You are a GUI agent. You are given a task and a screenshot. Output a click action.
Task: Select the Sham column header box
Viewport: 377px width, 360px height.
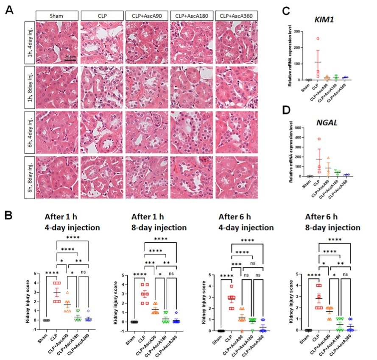tap(57, 16)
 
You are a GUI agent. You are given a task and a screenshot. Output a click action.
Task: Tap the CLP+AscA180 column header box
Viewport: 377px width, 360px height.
tap(191, 16)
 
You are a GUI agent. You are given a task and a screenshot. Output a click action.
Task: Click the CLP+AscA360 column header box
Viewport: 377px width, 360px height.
tap(236, 16)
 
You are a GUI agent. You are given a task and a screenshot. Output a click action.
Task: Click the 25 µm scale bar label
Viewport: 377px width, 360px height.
tap(70, 56)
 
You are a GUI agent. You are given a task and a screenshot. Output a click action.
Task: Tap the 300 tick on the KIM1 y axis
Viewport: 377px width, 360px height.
tap(304, 31)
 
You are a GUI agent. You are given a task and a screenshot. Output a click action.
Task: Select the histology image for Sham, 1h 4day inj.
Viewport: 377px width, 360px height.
tap(57, 42)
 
